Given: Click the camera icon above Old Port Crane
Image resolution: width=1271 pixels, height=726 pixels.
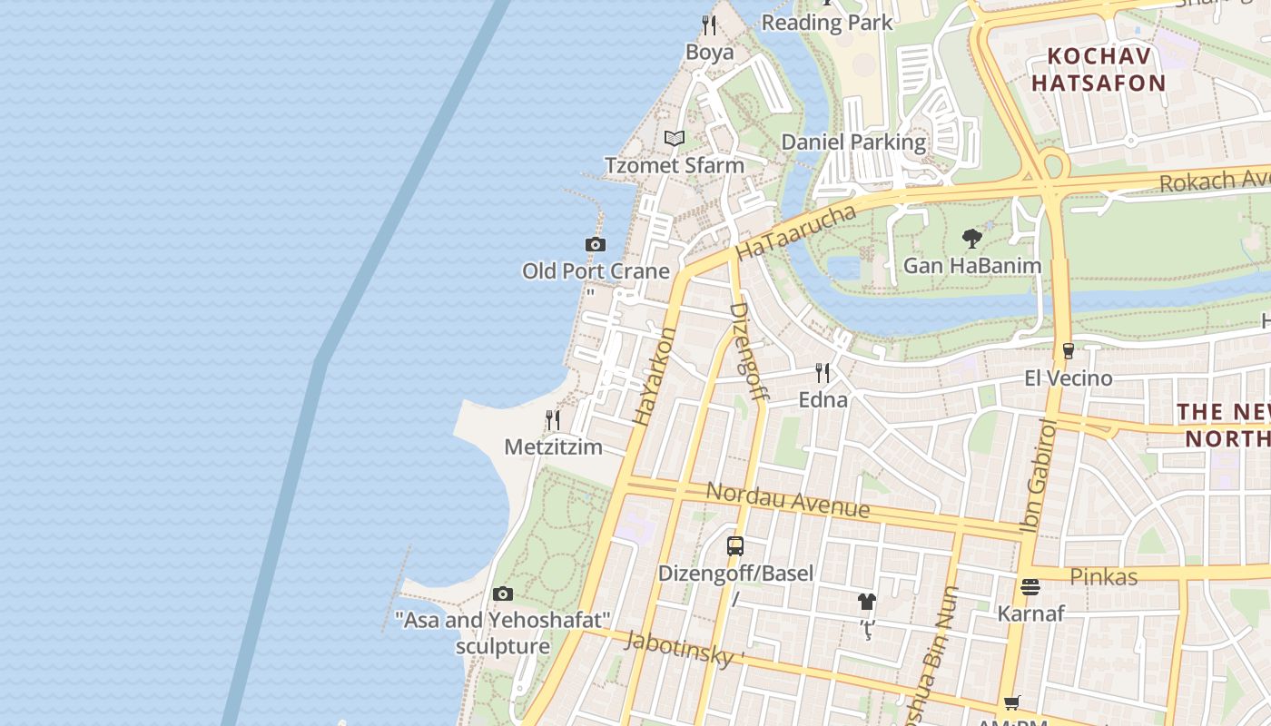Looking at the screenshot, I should [596, 244].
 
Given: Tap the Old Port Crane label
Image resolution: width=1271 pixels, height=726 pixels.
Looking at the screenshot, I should [596, 270].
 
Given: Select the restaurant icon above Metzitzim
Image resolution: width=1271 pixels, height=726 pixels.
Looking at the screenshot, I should [552, 420].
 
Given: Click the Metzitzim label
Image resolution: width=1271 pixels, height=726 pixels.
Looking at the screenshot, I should [554, 446].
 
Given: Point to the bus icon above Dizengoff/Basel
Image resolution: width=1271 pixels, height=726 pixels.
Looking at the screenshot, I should [735, 546].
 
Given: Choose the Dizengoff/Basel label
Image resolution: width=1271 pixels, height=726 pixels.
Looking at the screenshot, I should [735, 574].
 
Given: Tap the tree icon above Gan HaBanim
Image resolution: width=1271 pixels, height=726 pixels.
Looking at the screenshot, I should [972, 240].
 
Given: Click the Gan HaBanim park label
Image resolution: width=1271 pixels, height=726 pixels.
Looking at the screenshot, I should [972, 266].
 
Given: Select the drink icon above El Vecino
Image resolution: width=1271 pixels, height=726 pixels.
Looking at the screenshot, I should [1068, 351].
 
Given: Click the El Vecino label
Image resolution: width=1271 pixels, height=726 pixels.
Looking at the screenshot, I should [1069, 378].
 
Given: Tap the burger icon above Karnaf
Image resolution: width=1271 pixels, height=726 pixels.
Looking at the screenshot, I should [1030, 587].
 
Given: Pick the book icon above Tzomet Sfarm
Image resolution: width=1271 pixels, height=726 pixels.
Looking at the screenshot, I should [674, 139].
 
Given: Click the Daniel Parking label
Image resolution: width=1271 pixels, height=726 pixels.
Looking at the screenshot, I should [853, 142].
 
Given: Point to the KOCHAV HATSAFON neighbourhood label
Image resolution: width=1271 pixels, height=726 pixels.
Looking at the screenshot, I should [1106, 70].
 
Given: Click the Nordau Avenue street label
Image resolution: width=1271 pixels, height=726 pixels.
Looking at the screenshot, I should [787, 499].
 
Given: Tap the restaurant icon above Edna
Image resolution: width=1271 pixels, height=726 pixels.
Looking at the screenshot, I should [823, 373].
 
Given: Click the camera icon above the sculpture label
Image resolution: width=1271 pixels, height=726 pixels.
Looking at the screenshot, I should [503, 594].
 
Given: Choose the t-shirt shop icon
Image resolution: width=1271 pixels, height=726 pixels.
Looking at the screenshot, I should [867, 601].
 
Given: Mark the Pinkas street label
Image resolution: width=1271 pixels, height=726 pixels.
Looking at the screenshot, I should [1103, 576].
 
